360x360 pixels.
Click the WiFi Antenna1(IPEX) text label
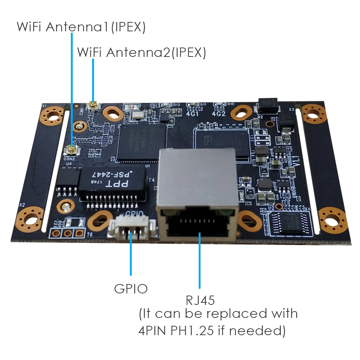(81, 27)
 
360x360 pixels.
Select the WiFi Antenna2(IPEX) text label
(141, 53)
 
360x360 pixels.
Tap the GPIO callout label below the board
(131, 288)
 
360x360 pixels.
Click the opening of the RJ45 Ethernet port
(197, 225)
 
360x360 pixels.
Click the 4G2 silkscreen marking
(219, 114)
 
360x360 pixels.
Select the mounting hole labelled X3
(313, 111)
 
